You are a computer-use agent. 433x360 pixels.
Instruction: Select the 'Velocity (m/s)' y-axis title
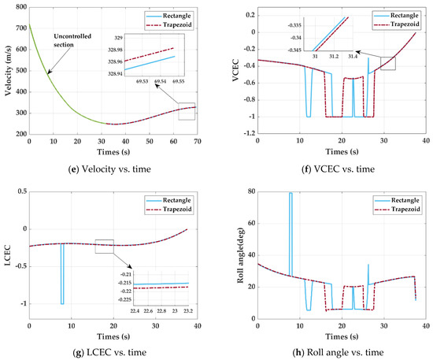pos(6,71)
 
